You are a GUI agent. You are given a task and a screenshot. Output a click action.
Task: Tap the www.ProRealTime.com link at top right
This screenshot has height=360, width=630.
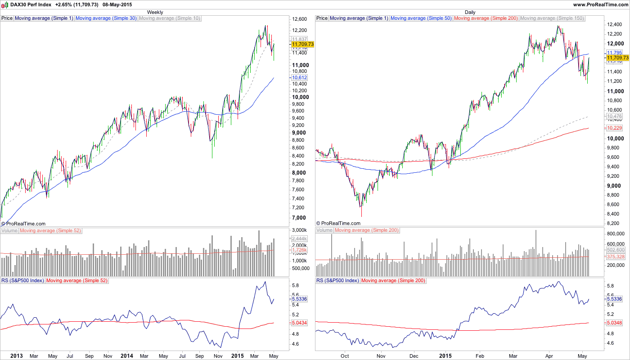coord(600,4)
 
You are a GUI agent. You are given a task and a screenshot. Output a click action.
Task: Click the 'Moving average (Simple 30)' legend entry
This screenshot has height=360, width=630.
coord(106,18)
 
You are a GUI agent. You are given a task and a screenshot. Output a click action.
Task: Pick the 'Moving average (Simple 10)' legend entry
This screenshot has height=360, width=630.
coord(170,18)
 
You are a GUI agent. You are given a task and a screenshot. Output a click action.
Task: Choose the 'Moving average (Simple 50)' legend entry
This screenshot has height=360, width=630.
coord(421,18)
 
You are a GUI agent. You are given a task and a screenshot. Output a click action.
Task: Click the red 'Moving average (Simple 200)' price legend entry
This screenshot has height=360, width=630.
coord(486,18)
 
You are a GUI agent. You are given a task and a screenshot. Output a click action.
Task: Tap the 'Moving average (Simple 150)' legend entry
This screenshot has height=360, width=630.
coord(552,18)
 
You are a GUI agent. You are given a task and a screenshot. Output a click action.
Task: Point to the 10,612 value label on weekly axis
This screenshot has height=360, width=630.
coord(299,77)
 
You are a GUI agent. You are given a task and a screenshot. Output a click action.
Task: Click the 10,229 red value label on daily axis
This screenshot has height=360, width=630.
coord(614,128)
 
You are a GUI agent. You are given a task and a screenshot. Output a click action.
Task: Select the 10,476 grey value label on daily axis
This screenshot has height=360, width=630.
coord(614,117)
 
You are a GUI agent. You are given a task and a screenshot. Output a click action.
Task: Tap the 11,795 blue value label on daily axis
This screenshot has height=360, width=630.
coord(614,53)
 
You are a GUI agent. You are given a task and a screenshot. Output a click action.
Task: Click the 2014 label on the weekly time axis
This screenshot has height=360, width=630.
coord(127,355)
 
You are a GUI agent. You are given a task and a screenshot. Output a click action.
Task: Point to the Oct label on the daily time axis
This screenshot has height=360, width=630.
coord(345,355)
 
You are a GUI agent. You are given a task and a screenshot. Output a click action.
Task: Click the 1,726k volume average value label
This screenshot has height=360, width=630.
coord(299,250)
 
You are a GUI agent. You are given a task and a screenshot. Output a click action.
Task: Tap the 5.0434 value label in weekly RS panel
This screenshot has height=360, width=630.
coord(299,323)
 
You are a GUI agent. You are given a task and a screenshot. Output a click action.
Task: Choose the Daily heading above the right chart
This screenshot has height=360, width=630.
coord(470,12)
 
